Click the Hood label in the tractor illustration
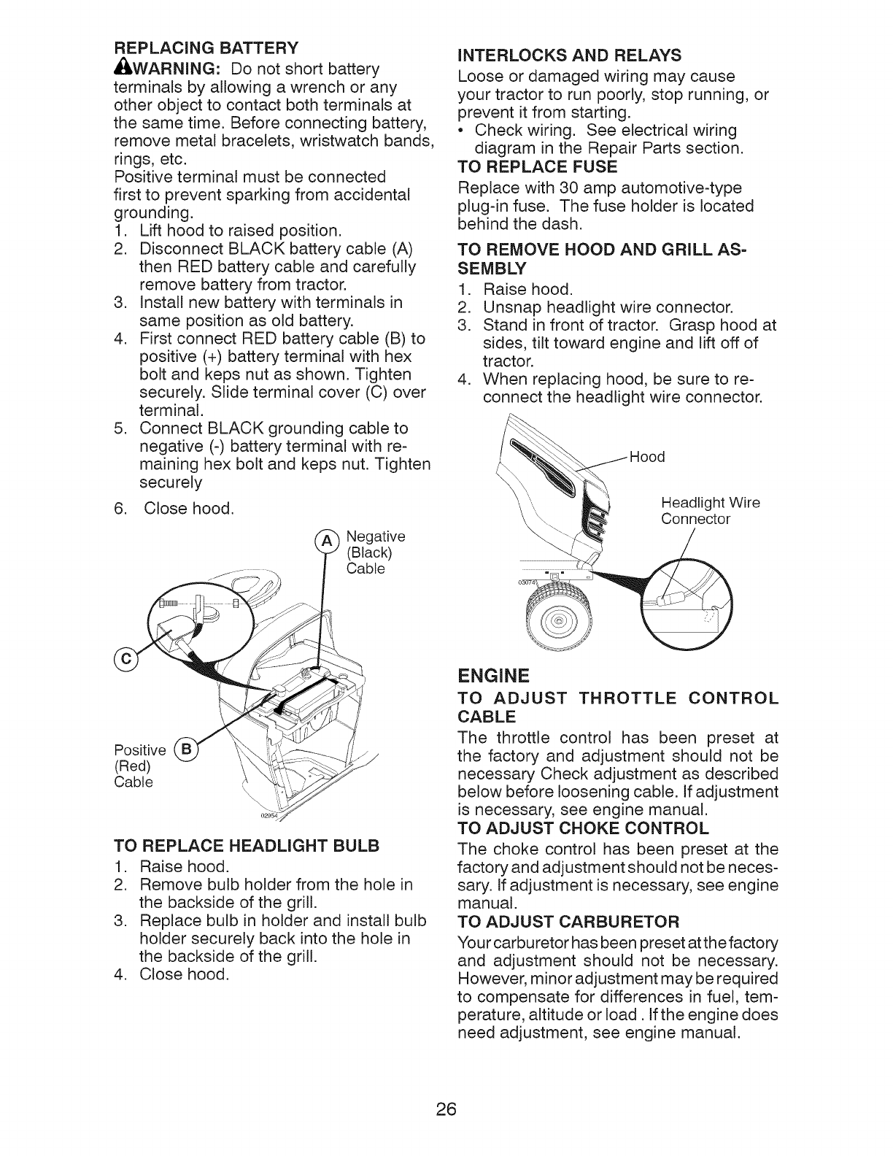pyautogui.click(x=646, y=457)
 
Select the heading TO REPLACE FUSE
pyautogui.click(x=536, y=166)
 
